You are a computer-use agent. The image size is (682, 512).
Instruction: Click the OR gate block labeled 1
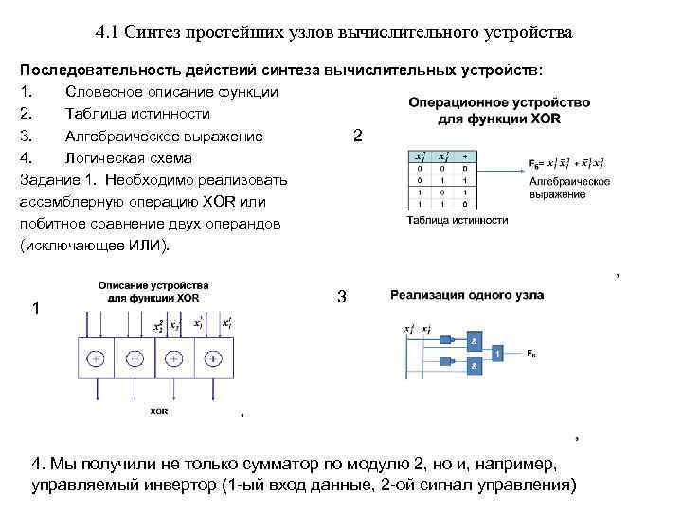pos(498,353)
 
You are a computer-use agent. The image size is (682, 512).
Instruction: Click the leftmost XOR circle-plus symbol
pos(96,359)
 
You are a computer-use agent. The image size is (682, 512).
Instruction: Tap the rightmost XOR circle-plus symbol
pos(212,359)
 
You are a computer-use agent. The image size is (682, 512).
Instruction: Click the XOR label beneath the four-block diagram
pos(160,411)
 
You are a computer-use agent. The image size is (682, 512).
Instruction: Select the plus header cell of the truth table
pos(464,156)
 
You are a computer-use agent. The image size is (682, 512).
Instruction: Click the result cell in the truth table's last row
pos(464,204)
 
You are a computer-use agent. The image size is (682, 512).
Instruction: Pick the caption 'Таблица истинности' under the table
pos(458,220)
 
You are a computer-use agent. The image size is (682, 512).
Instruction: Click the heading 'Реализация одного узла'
pos(467,295)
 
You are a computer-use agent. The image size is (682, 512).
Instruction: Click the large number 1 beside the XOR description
pos(35,307)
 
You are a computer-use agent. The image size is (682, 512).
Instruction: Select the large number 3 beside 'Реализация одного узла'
pos(342,298)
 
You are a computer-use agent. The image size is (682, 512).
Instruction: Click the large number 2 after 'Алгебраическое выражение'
pos(356,136)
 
